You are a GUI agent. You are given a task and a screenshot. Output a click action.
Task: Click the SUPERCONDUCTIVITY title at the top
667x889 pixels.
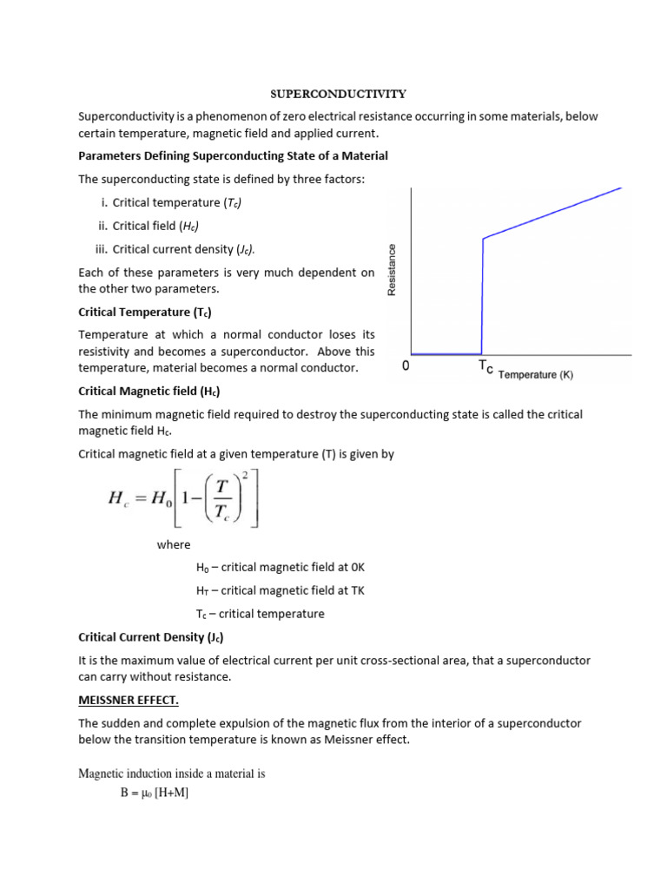[x=333, y=92]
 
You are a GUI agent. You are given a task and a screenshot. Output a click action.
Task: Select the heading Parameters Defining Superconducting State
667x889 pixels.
[x=233, y=155]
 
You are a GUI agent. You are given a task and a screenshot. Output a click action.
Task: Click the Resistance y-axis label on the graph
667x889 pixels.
[x=392, y=269]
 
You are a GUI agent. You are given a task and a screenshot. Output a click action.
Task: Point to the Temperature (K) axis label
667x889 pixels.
[x=535, y=375]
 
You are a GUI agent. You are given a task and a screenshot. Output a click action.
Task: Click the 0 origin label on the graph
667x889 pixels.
[x=406, y=367]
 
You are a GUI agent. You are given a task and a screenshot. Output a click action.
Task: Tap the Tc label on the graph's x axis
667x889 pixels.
[x=485, y=368]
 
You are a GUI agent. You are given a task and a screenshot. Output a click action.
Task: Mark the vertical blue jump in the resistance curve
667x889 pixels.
[x=482, y=295]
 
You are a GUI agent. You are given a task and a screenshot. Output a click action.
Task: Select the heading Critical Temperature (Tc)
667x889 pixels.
[x=145, y=312]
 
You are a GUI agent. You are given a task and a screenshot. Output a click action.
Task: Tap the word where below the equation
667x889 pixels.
[x=173, y=544]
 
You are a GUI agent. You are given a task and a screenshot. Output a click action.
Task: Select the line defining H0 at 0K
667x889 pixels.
[x=281, y=567]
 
